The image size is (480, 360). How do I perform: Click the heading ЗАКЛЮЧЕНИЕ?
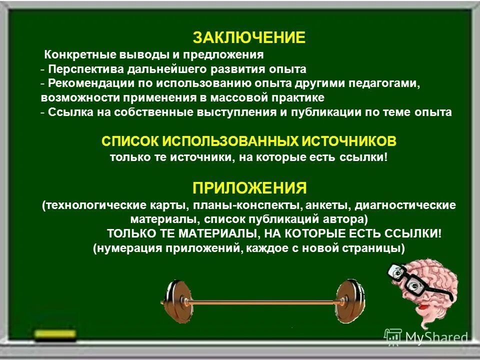tap(249, 37)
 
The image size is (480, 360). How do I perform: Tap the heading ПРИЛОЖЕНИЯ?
tap(249, 188)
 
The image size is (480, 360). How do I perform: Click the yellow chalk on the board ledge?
tap(55, 333)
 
